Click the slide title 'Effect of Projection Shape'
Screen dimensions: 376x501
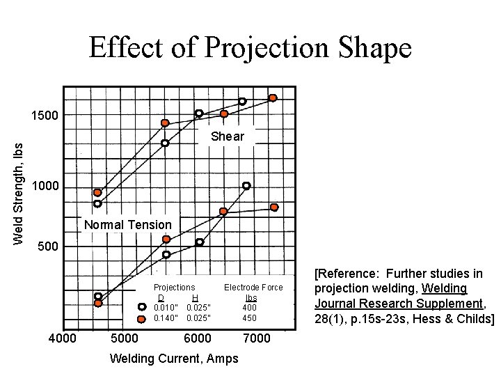click(x=250, y=48)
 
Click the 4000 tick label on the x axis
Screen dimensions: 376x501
click(x=62, y=339)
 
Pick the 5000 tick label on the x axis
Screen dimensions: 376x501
click(x=125, y=339)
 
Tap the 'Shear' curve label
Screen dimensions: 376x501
click(x=228, y=136)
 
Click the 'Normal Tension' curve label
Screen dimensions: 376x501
click(x=127, y=225)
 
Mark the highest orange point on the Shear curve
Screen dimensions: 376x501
click(x=273, y=98)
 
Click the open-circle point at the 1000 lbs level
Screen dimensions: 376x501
click(x=246, y=186)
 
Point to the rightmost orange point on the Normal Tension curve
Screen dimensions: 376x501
click(x=274, y=207)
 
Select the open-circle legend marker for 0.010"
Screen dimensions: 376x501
click(x=141, y=307)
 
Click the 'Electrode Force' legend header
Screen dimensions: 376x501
click(x=253, y=288)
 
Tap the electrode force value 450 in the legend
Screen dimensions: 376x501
click(x=249, y=318)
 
